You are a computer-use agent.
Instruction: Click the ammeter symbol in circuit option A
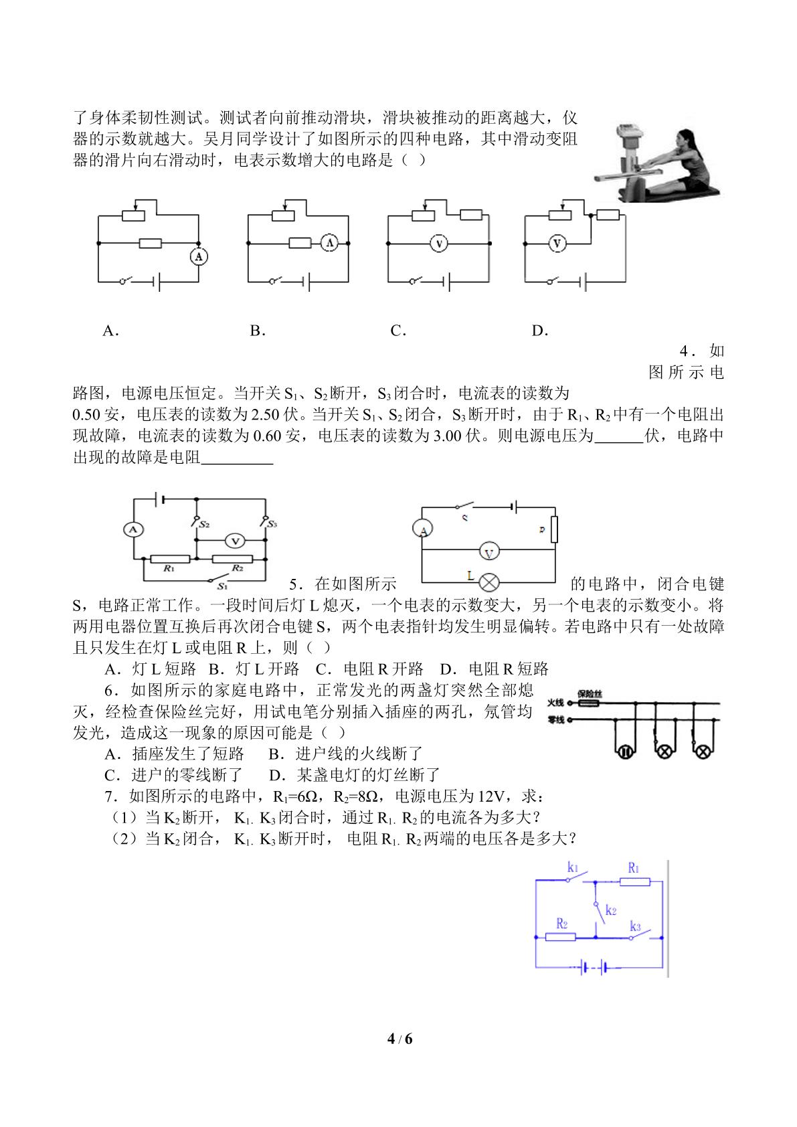pyautogui.click(x=199, y=256)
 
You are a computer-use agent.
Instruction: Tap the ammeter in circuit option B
pyautogui.click(x=329, y=244)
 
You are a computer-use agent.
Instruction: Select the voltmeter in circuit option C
pyautogui.click(x=439, y=244)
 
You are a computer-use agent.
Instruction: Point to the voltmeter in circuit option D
pyautogui.click(x=557, y=244)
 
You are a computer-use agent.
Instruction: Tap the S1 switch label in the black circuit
pyautogui.click(x=222, y=587)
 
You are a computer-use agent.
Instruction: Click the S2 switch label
pyautogui.click(x=204, y=524)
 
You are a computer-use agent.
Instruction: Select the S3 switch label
pyautogui.click(x=272, y=524)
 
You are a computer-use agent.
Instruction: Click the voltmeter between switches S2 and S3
pyautogui.click(x=234, y=541)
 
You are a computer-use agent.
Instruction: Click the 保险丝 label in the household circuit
pyautogui.click(x=589, y=694)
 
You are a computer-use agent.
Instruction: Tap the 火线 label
pyautogui.click(x=555, y=703)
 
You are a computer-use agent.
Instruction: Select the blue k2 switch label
pyautogui.click(x=611, y=910)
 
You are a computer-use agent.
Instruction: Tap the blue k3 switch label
pyautogui.click(x=636, y=926)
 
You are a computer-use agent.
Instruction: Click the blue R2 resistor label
pyautogui.click(x=562, y=924)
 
